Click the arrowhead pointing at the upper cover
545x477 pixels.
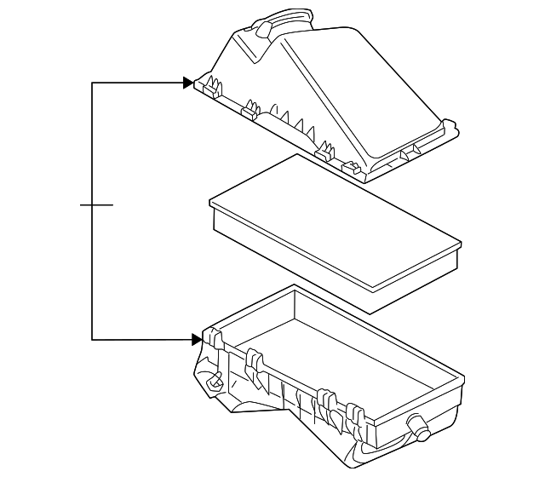(187, 83)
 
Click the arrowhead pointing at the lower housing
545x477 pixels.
(198, 340)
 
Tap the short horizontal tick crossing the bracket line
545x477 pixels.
(95, 205)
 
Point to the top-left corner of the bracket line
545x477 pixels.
(92, 83)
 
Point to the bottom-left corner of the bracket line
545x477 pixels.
(92, 340)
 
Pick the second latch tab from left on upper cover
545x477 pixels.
(250, 108)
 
